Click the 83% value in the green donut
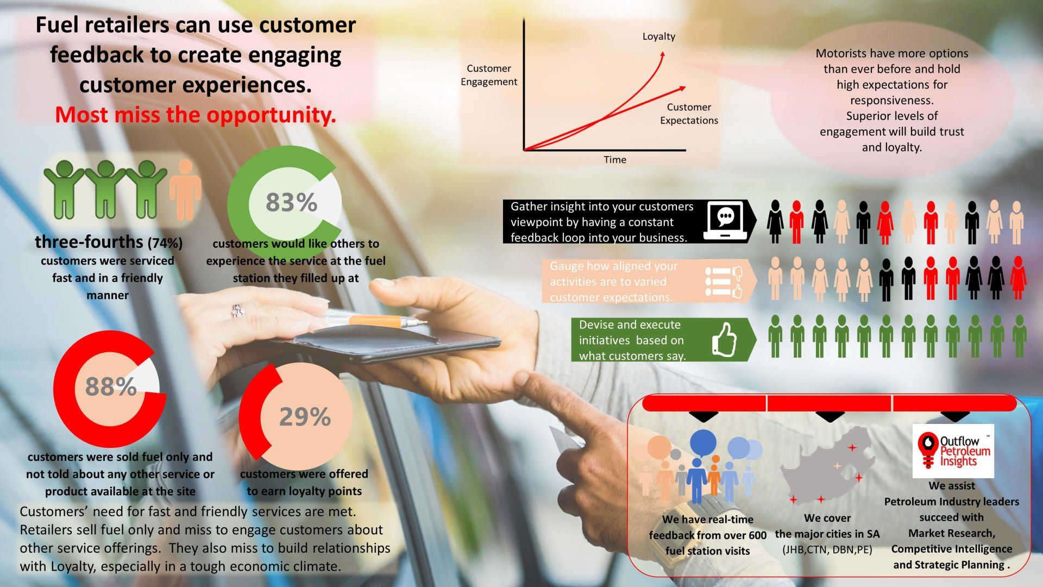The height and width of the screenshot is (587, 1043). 291,202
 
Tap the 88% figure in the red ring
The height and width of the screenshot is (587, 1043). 111,386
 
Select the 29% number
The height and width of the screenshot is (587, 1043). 305,417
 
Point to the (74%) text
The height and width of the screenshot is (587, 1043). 165,242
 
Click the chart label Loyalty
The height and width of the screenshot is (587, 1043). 658,36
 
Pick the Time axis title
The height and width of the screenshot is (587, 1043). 614,160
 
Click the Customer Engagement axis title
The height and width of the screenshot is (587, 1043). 488,75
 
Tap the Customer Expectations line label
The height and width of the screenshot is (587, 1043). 689,114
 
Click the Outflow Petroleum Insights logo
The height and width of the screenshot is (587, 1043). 953,451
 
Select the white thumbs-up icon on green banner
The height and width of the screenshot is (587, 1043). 724,340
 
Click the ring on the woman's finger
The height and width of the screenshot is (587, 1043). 237,311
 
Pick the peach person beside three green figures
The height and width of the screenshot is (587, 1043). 185,190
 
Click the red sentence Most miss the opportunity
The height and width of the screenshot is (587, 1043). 195,115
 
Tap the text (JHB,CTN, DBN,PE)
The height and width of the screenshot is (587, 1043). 827,549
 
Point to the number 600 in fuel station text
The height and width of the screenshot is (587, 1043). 757,535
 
